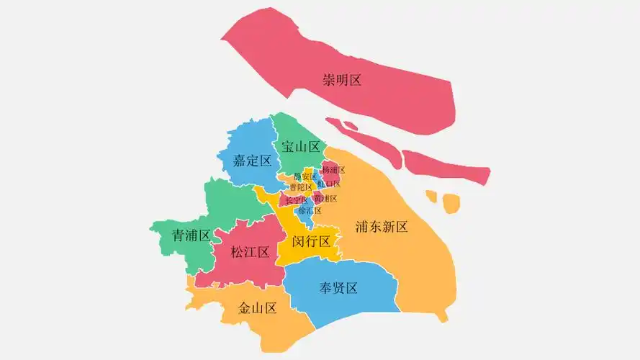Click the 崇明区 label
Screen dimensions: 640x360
(342, 80)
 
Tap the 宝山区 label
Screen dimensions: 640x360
(301, 147)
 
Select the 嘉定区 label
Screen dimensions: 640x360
(252, 161)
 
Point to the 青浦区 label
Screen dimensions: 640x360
(191, 235)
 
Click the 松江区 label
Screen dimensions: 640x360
(250, 252)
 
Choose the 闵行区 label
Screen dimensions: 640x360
(311, 240)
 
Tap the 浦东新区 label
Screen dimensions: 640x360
(382, 228)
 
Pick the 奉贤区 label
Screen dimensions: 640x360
(338, 289)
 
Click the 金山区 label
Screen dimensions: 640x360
(258, 309)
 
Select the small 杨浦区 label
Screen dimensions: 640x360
(333, 171)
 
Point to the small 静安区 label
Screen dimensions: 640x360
(305, 176)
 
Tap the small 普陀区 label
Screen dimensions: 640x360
(300, 187)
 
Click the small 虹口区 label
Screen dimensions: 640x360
(329, 184)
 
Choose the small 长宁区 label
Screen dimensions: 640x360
(296, 199)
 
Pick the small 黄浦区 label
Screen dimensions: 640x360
(325, 199)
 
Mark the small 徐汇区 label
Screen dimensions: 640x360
(310, 211)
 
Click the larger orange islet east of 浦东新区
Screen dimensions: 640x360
(451, 204)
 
